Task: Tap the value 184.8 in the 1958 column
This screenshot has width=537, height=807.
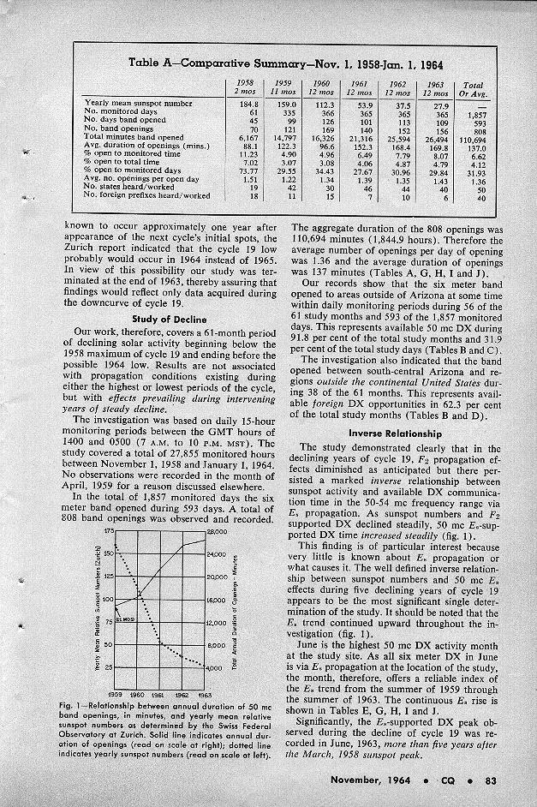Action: click(x=246, y=103)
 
